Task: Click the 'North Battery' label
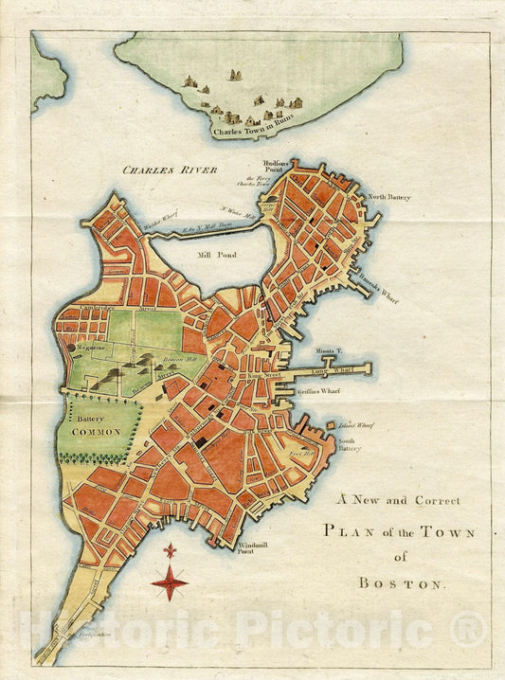389,197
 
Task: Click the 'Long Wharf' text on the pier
332,368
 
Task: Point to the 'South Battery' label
350,443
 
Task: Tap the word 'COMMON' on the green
97,431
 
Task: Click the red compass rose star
169,582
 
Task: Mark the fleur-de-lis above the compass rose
170,550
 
